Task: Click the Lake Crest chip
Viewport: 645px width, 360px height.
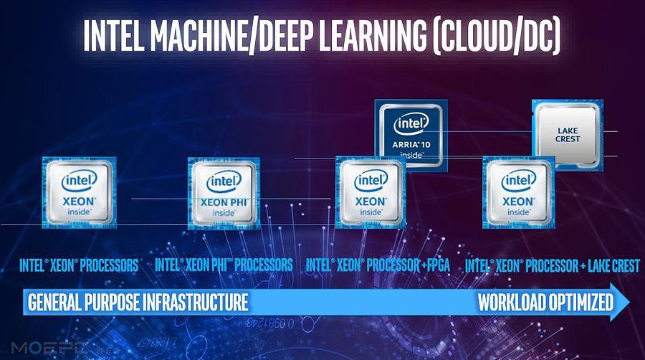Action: (568, 133)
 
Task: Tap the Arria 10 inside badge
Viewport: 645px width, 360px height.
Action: (411, 134)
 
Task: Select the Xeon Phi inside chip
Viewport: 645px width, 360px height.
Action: (224, 193)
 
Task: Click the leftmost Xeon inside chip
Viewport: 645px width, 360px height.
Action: (79, 192)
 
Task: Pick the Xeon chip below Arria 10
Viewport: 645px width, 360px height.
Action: (371, 192)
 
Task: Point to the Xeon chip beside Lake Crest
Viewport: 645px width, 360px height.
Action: (519, 192)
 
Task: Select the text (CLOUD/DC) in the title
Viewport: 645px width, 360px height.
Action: (497, 35)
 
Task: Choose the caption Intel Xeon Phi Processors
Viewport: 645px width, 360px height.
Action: (224, 265)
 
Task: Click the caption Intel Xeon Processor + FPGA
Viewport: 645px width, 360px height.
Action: (378, 265)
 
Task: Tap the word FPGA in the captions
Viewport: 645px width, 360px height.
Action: (439, 265)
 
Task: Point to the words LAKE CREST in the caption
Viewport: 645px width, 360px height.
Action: (613, 266)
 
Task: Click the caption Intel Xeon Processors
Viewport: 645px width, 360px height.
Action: (79, 265)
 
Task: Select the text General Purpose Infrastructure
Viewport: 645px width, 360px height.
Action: (138, 302)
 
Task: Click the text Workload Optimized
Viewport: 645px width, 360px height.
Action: (545, 302)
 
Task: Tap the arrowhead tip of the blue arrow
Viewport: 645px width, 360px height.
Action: (630, 302)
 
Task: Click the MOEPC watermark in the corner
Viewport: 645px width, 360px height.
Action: (49, 348)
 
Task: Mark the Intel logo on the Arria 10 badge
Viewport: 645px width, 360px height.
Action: (411, 123)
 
